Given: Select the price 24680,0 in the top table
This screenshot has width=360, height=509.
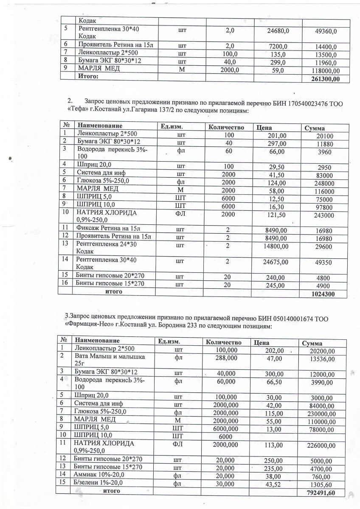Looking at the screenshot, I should click(278, 31).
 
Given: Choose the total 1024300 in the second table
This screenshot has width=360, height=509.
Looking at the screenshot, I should click(323, 293).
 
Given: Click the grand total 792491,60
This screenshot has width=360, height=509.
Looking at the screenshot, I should click(321, 493).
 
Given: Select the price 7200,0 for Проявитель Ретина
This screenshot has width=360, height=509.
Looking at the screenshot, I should click(278, 46).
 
